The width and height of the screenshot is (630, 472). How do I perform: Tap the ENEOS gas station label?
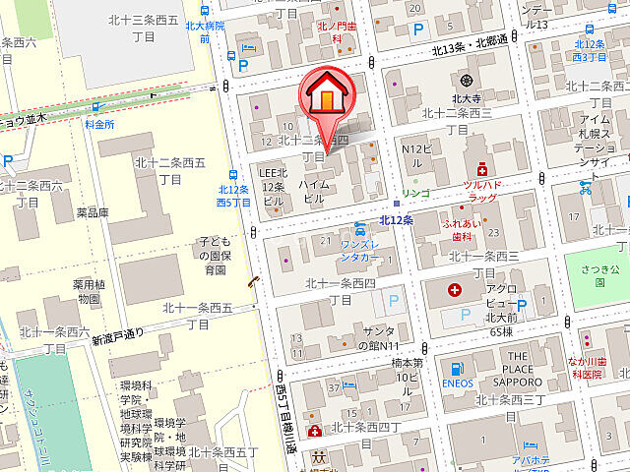coord(459,383)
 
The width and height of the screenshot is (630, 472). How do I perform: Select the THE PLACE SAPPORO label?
coord(535,370)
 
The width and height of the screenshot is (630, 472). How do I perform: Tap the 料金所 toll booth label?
coord(99,124)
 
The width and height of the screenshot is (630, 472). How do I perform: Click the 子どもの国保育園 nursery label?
coord(215,255)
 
